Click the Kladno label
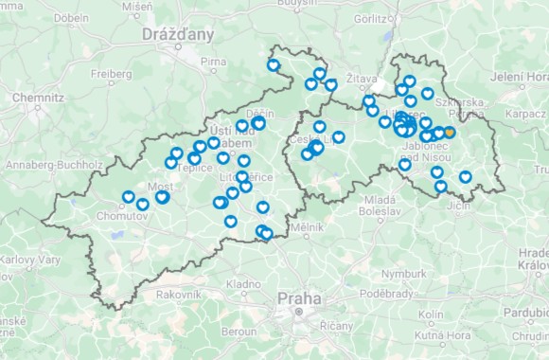(x=243, y=283)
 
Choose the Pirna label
(x=214, y=61)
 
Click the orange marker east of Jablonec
(x=449, y=133)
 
